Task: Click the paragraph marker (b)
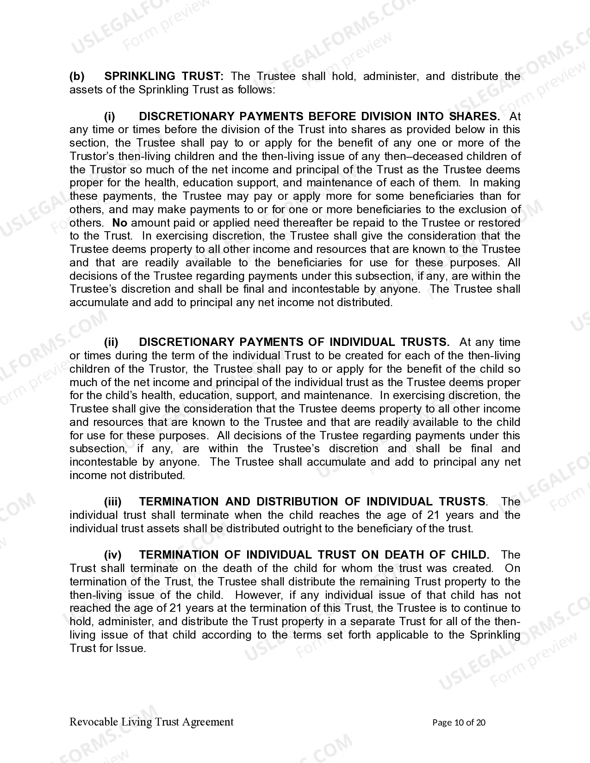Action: pyautogui.click(x=77, y=76)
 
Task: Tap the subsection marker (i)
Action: pyautogui.click(x=110, y=117)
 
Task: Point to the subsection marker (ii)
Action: pyautogui.click(x=111, y=342)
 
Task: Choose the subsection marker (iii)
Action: pyautogui.click(x=112, y=502)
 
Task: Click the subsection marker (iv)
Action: pyautogui.click(x=112, y=555)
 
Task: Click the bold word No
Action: pyautogui.click(x=120, y=223)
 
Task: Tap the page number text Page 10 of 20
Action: pyautogui.click(x=459, y=723)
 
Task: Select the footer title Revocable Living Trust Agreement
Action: pyautogui.click(x=151, y=722)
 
